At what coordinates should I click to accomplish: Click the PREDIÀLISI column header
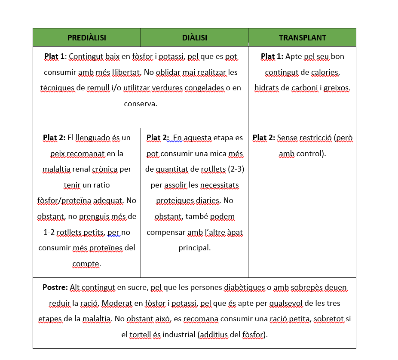click(87, 38)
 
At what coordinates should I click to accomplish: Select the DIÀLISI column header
click(194, 38)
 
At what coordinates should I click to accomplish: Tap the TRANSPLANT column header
click(302, 38)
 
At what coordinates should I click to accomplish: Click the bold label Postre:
click(55, 287)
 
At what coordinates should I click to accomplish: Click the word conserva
click(141, 104)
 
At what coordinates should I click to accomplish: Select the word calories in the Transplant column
click(323, 72)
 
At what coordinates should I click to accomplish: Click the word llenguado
click(93, 138)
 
